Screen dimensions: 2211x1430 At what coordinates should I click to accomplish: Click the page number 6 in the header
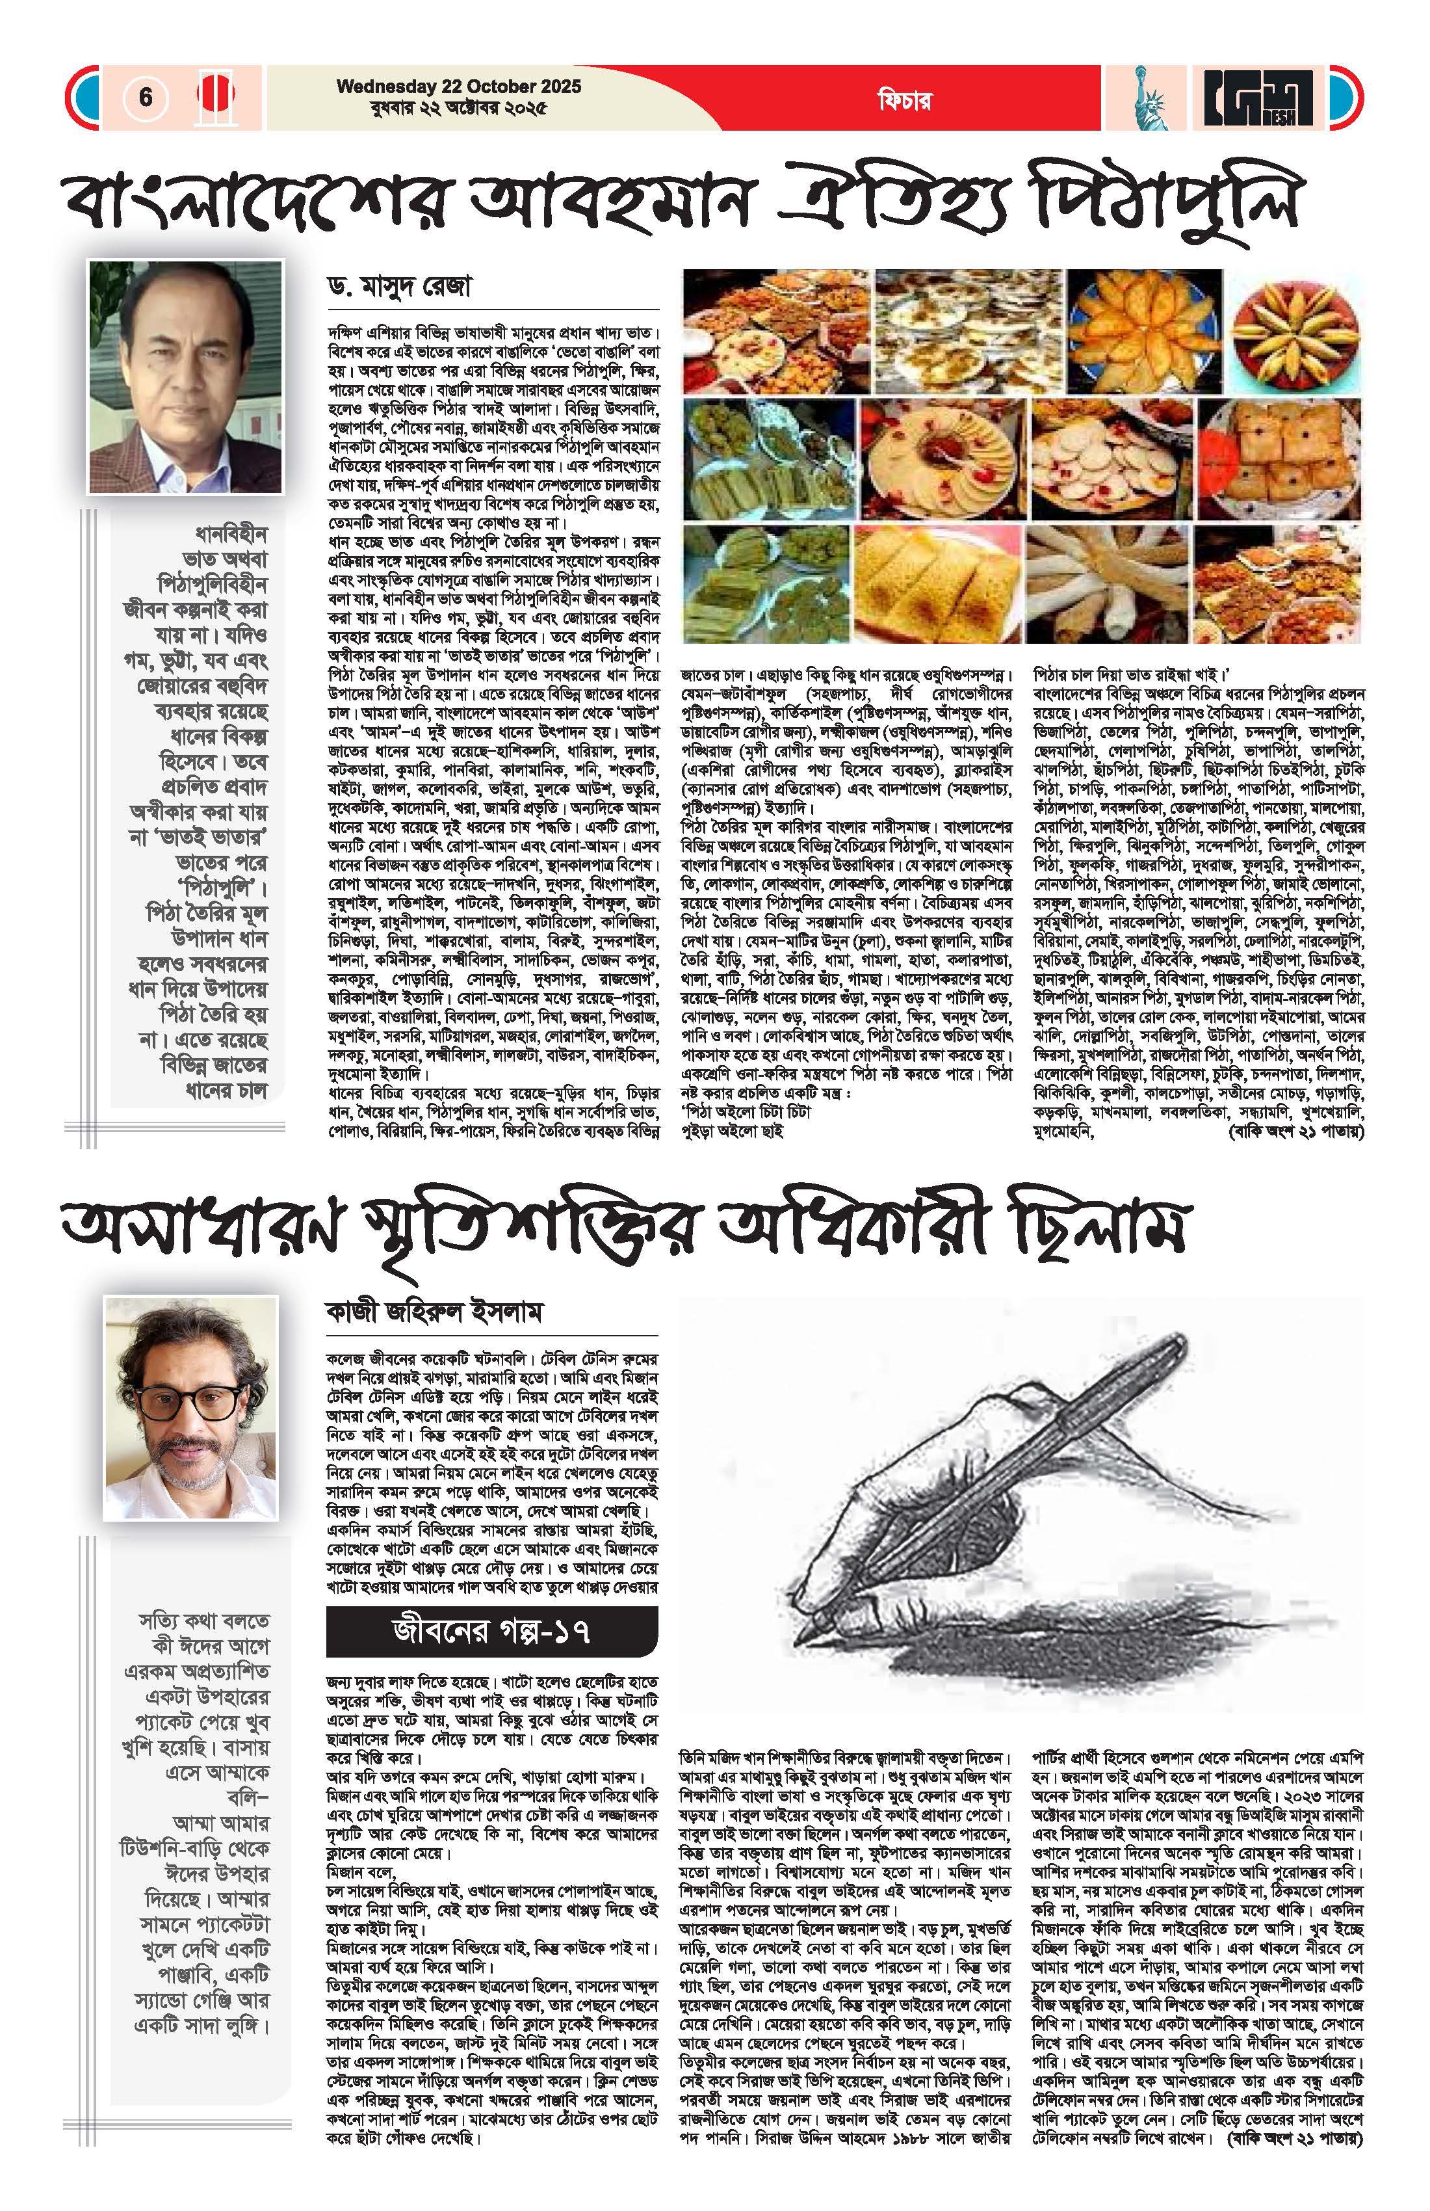(x=146, y=97)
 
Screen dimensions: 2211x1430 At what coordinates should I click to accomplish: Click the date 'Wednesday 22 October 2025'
(x=459, y=86)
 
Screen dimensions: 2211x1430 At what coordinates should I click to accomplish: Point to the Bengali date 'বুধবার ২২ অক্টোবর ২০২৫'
(x=454, y=108)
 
